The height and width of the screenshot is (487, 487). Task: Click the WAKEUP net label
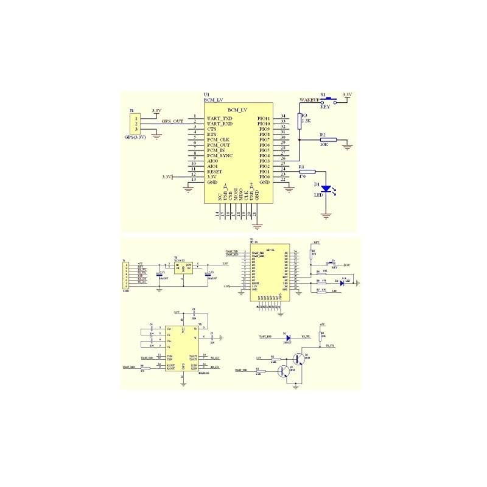(x=309, y=99)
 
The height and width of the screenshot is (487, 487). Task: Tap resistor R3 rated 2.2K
(x=300, y=120)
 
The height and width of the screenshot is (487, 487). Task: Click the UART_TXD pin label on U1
(x=220, y=118)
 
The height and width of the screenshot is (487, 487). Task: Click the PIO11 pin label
(x=264, y=118)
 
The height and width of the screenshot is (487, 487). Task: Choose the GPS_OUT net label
(x=172, y=121)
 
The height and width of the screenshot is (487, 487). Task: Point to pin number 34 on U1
(x=283, y=116)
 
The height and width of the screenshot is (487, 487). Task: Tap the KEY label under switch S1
(x=324, y=107)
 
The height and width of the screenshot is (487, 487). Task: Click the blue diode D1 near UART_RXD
(x=288, y=336)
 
